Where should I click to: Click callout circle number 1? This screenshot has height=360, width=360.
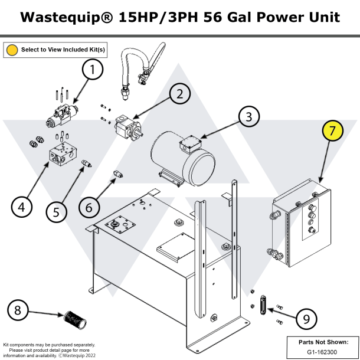tap(92, 71)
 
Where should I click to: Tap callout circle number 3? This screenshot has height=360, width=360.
tap(248, 117)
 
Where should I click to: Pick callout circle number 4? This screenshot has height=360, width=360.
tap(21, 207)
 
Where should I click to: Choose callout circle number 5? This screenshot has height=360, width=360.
tap(56, 211)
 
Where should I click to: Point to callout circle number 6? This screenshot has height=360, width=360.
tap(89, 207)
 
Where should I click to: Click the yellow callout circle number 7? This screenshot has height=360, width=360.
tap(332, 132)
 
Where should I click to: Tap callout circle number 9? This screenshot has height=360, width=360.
tap(305, 319)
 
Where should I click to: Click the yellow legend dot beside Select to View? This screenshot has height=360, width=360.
tap(12, 50)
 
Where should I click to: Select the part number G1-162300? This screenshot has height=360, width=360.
tap(321, 352)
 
